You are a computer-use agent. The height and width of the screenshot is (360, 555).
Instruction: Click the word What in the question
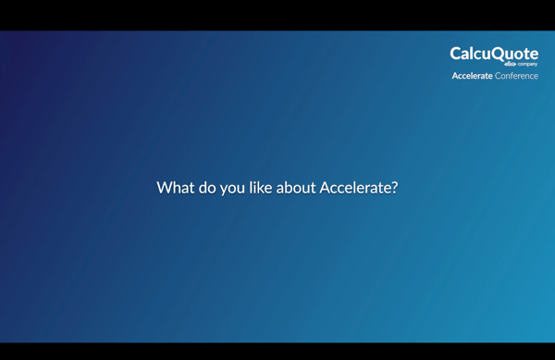[x=175, y=188]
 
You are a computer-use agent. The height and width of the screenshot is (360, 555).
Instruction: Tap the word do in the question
[x=207, y=188]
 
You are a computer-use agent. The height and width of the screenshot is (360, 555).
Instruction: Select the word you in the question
[x=233, y=189]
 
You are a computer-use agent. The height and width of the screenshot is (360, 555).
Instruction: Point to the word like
[x=261, y=188]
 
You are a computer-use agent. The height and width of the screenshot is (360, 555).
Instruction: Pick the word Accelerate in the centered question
[x=355, y=188]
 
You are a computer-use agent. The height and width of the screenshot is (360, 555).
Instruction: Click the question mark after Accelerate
[x=395, y=188]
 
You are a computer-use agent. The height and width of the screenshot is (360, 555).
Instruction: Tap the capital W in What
[x=165, y=188]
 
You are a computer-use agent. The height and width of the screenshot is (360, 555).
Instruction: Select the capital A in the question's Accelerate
[x=325, y=188]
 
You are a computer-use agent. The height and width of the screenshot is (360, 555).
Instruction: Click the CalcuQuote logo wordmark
[x=494, y=54]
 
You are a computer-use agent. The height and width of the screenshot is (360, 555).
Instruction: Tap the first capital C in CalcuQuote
[x=456, y=54]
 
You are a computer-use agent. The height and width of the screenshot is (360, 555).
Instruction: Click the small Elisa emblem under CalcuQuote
[x=510, y=64]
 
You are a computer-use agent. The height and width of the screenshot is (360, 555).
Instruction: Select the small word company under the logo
[x=527, y=65]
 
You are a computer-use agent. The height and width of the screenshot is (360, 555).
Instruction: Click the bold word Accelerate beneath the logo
[x=472, y=76]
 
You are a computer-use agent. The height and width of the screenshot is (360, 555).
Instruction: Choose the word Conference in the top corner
[x=516, y=76]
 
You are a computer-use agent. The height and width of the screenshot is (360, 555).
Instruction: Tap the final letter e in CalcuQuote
[x=534, y=55]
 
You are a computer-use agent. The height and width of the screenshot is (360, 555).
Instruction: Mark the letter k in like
[x=261, y=188]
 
